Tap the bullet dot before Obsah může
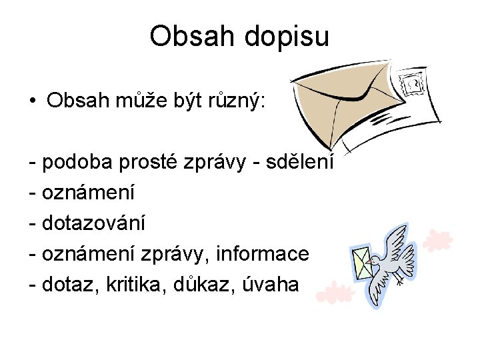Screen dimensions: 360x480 (32, 101)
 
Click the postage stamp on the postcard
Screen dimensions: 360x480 (411, 83)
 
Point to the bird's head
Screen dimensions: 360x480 (377, 259)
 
